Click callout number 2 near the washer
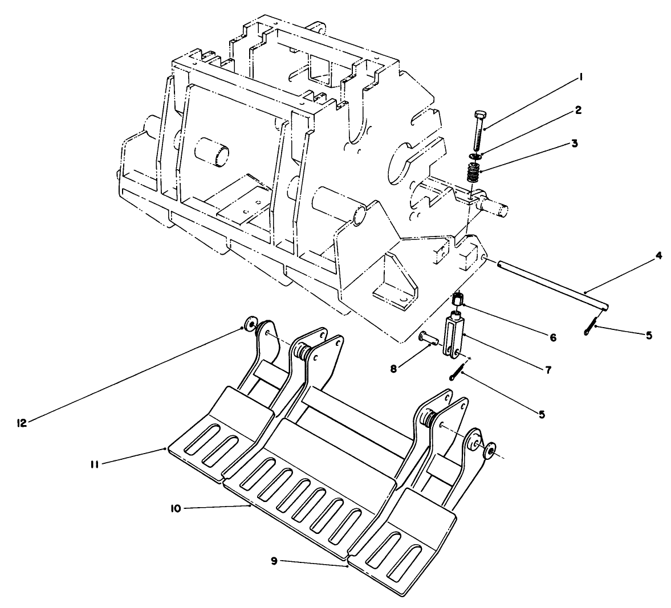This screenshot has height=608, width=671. [578, 110]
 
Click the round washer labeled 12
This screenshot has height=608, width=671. [249, 325]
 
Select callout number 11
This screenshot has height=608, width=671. [95, 464]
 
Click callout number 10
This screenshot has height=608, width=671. [175, 508]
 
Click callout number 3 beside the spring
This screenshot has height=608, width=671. [575, 144]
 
